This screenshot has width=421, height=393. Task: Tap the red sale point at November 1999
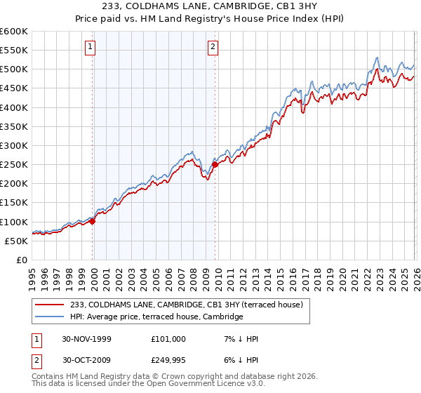93,221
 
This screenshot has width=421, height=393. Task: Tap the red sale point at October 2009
215,165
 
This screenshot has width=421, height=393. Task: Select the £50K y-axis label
16,241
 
